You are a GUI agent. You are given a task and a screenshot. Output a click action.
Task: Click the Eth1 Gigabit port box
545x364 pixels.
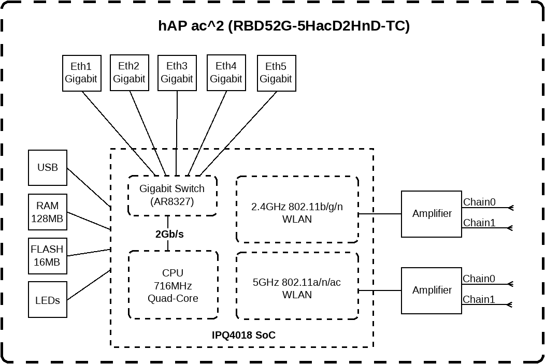[x=81, y=73]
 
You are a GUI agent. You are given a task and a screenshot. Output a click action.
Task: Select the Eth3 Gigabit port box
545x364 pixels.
[x=177, y=73]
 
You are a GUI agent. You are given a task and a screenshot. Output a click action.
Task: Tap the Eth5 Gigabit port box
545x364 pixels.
[x=276, y=73]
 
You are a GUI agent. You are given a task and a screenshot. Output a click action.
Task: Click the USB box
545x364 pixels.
[x=48, y=168]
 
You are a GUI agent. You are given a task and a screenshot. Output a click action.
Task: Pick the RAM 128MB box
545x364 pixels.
[x=48, y=212]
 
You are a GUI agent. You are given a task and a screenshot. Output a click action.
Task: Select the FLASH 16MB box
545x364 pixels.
[x=48, y=256]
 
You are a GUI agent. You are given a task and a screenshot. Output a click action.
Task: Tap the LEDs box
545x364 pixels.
[x=48, y=300]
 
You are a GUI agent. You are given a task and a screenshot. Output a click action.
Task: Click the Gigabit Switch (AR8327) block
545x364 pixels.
[x=172, y=195]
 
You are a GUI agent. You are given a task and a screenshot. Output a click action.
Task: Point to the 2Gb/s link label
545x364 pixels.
[x=169, y=234]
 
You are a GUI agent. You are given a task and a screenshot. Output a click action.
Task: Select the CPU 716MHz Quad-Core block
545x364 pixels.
[x=173, y=285]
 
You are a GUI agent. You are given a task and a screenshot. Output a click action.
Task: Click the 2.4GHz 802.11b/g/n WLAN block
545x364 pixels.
[x=297, y=209]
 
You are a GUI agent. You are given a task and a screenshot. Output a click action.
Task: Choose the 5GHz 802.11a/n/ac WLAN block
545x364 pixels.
[x=297, y=286]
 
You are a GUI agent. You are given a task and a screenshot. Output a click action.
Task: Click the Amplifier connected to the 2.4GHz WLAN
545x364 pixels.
[x=431, y=214]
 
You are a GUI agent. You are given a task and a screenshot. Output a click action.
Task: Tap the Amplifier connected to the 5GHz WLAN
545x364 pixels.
[x=431, y=290]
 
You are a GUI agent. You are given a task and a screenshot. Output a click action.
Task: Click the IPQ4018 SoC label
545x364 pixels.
[x=243, y=336]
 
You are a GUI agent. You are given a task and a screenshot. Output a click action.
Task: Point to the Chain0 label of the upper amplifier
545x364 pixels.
[x=479, y=202]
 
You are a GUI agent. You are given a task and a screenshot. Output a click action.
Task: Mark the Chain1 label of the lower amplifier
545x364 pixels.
[x=479, y=299]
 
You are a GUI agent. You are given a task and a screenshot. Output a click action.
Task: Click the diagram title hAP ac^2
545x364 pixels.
[x=283, y=26]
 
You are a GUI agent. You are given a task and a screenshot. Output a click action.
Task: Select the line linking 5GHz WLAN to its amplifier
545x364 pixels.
[x=380, y=290]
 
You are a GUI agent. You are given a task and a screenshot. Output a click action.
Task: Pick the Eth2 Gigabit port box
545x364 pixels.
[x=129, y=73]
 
